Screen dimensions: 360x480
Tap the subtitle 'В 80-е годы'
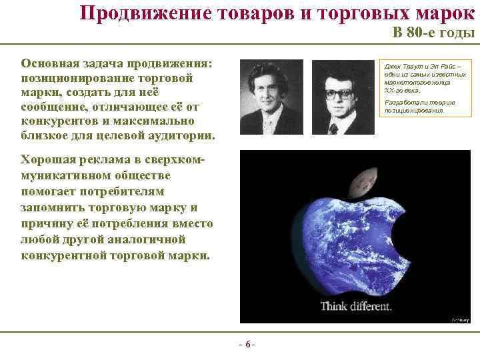tap(433, 33)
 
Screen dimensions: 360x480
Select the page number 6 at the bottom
tap(246, 345)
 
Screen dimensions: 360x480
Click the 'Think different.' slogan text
tap(356, 307)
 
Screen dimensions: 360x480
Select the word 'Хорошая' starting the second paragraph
tap(50, 159)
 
